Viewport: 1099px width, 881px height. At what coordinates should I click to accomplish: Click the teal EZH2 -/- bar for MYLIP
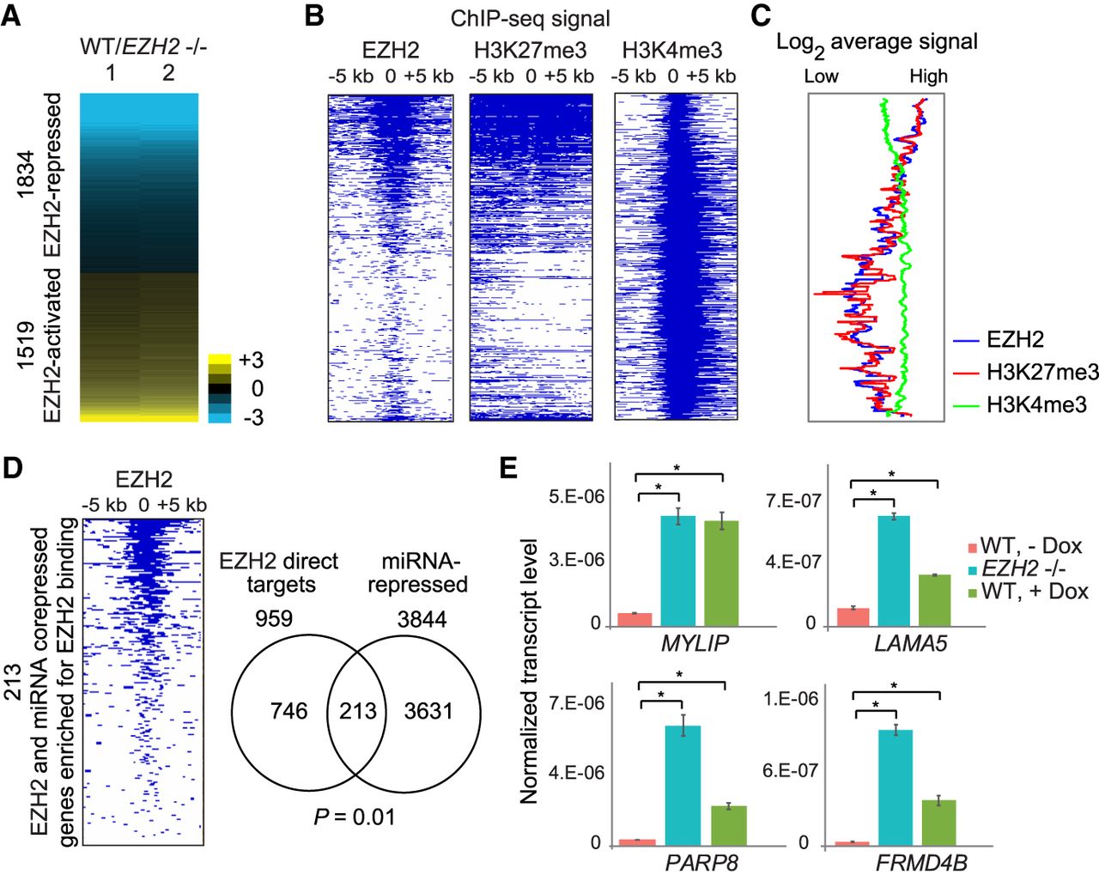tap(677, 570)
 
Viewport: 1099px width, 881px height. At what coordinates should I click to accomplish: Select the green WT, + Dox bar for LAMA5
tap(933, 599)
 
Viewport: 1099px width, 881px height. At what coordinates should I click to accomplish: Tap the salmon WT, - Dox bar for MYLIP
tap(635, 618)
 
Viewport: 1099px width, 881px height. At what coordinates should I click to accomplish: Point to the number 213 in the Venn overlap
tap(357, 711)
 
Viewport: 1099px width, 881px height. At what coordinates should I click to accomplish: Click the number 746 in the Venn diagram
tap(288, 711)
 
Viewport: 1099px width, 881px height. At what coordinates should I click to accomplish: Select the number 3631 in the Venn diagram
tap(428, 711)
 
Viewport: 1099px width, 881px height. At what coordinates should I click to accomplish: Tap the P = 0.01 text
tap(355, 816)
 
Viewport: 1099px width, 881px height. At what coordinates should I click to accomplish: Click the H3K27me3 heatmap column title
tap(530, 50)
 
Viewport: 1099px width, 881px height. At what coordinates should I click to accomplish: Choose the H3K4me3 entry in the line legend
tap(1036, 404)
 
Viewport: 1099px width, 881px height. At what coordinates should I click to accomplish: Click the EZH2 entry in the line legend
tap(1015, 340)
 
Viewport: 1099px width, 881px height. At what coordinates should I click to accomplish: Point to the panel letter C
tap(761, 16)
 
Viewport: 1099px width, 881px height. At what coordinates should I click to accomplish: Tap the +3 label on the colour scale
tap(252, 360)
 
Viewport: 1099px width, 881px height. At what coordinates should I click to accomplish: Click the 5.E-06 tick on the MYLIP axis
tap(577, 497)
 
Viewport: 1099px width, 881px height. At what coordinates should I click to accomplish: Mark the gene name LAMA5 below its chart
tap(911, 643)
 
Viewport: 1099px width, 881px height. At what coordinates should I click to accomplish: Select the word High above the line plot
tap(928, 76)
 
